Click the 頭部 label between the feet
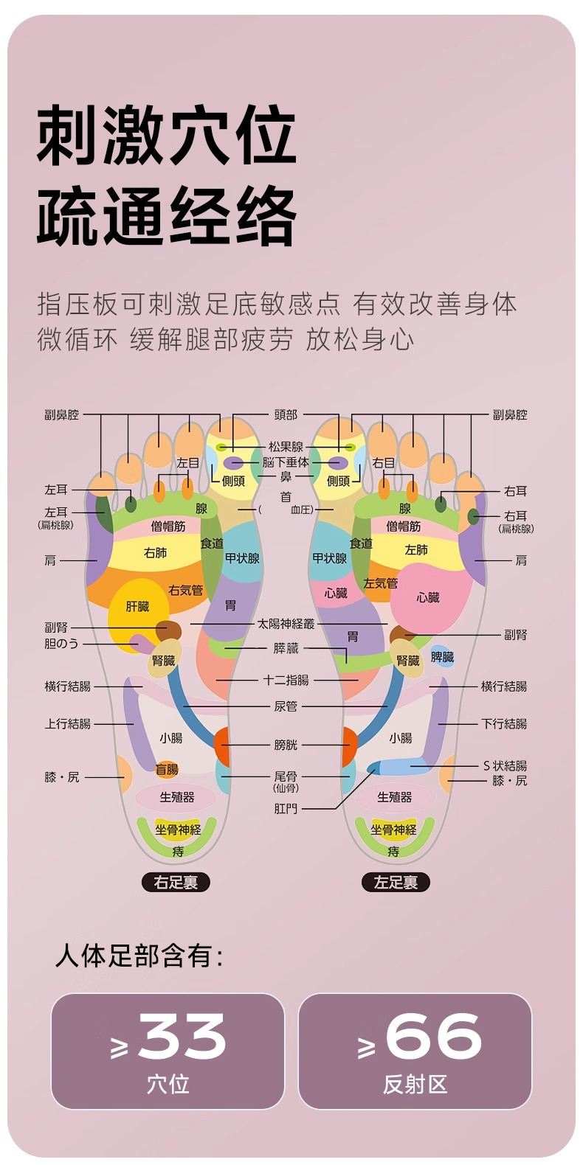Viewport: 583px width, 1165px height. coord(286,415)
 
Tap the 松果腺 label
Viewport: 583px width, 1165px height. coord(286,447)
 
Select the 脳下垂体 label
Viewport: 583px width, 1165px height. coord(286,462)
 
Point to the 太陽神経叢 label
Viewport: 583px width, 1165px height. coord(286,624)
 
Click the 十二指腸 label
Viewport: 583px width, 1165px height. coord(286,680)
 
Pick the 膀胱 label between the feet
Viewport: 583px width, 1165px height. coord(286,745)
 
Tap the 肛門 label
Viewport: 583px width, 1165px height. coord(286,808)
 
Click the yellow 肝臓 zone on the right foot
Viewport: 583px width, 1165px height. coord(138,607)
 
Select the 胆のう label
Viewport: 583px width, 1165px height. coord(61,643)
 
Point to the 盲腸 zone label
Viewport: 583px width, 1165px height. coord(167,769)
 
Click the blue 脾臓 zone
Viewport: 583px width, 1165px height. coord(443,656)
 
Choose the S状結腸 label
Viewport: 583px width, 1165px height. coord(505,765)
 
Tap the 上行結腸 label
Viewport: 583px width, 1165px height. coord(68,723)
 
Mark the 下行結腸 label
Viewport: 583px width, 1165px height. coord(504,723)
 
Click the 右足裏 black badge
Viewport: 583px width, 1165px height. coord(176,882)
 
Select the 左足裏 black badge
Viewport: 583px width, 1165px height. coord(396,882)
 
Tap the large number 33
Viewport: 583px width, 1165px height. coord(182,1037)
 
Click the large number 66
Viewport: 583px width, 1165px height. coord(433,1037)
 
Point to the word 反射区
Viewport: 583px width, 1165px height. coord(415,1084)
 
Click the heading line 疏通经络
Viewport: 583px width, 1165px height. coord(167,216)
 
